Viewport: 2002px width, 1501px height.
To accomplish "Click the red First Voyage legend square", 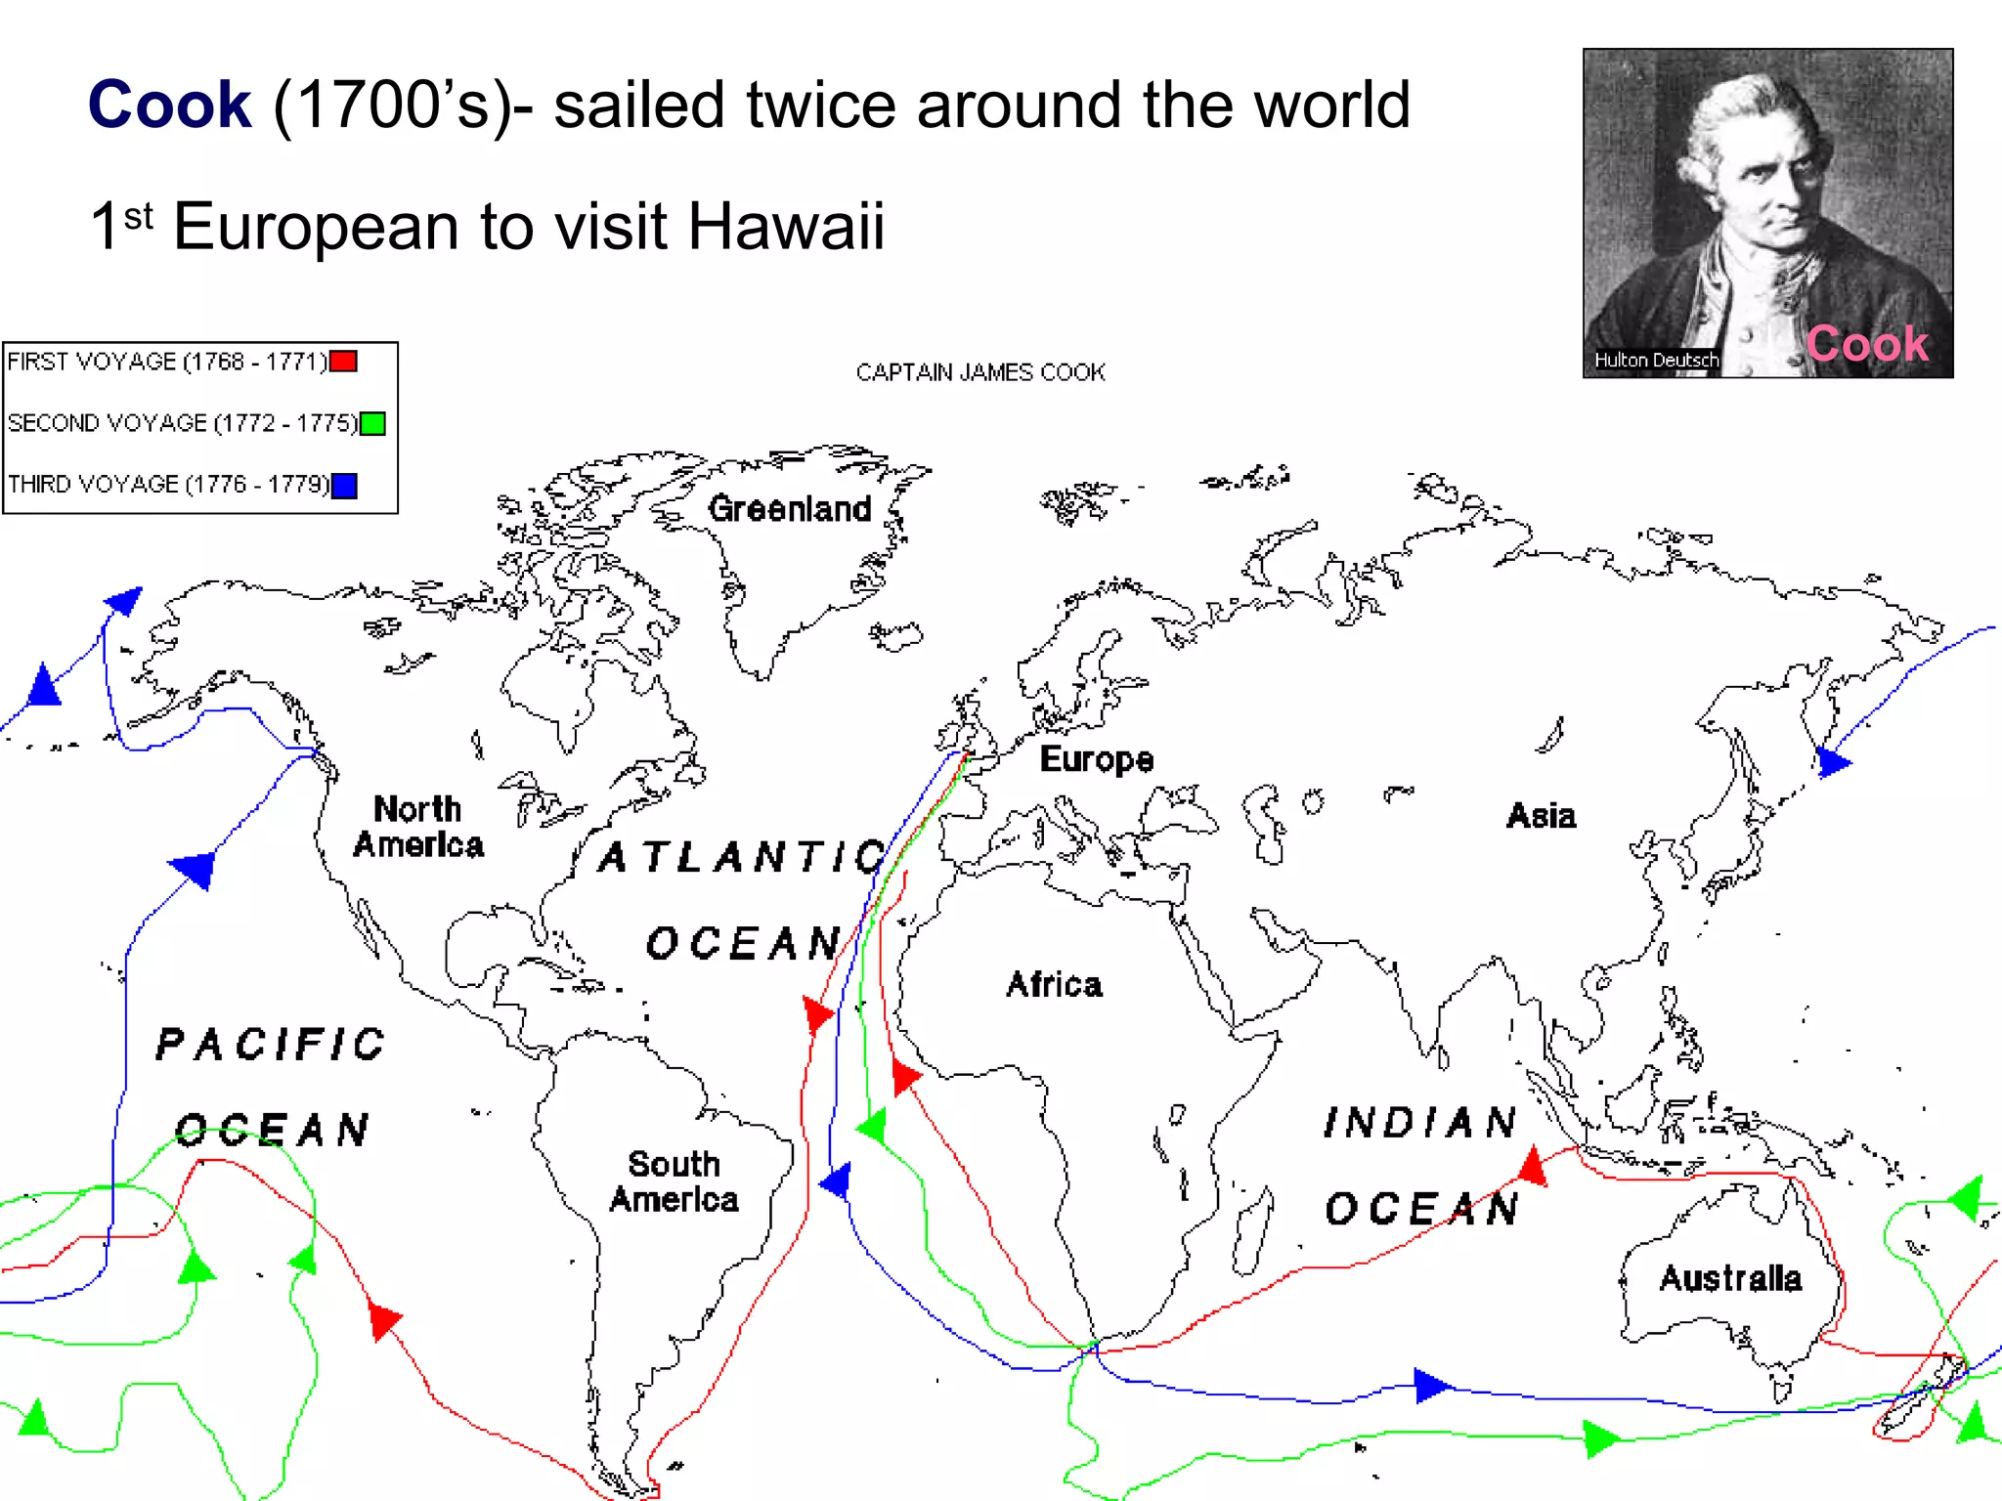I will (343, 362).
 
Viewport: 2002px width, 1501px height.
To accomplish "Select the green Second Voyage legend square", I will (372, 424).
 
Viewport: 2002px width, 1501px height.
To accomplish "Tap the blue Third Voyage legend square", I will (344, 486).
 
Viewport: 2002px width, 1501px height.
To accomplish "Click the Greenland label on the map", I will (790, 508).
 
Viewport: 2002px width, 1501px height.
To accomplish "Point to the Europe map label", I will (1096, 759).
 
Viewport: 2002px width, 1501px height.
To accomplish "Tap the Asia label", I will (1541, 815).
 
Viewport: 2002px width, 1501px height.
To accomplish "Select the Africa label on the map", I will (1054, 984).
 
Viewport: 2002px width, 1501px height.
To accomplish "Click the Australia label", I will (1730, 1278).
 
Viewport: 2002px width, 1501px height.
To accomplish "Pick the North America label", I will (418, 827).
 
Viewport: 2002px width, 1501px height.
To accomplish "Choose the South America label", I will (674, 1181).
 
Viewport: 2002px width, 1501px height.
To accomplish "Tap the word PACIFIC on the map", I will (271, 1044).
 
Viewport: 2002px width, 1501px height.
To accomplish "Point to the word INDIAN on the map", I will (1420, 1123).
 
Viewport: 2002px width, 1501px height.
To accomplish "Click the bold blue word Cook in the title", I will (169, 105).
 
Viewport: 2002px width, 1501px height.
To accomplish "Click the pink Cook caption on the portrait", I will (1867, 344).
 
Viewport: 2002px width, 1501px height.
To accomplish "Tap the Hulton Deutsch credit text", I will (1656, 360).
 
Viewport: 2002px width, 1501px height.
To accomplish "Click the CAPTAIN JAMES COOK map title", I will (980, 372).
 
